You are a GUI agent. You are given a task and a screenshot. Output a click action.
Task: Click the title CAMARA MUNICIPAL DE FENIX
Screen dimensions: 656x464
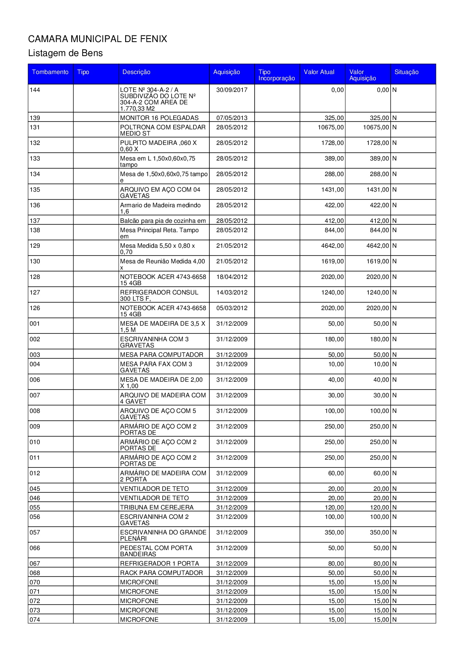(97, 39)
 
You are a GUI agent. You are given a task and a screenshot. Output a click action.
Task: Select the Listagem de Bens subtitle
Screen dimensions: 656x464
(65, 53)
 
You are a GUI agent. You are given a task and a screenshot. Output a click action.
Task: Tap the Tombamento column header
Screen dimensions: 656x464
(50, 72)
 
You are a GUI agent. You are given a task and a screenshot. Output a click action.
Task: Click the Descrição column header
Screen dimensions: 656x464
(136, 72)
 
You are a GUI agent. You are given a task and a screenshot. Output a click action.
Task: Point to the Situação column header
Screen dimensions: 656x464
(406, 72)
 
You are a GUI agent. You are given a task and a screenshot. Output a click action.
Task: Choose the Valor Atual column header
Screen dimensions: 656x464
(319, 72)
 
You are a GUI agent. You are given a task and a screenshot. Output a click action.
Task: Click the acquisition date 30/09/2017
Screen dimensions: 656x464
(232, 90)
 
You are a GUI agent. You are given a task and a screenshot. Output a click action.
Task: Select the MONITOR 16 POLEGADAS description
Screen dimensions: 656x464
(159, 118)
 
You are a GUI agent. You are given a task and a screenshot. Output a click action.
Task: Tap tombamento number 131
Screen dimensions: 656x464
(35, 127)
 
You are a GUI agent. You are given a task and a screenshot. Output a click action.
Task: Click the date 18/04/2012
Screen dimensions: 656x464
(232, 277)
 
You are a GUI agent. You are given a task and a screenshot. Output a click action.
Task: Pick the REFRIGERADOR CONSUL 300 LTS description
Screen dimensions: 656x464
(159, 295)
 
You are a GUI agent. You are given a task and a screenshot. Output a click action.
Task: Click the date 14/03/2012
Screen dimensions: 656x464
(232, 293)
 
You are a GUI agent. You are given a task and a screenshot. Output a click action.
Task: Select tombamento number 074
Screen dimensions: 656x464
(35, 620)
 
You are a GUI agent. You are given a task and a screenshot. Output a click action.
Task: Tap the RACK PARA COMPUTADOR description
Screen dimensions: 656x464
(161, 573)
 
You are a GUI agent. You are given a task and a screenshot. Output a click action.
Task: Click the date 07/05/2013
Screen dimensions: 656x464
(232, 118)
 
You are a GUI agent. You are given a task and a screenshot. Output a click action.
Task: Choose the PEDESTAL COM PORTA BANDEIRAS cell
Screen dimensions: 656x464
(156, 551)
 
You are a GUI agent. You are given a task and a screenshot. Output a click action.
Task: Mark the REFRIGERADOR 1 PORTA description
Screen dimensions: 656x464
(159, 564)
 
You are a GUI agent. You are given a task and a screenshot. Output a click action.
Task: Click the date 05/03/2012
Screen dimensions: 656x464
(232, 308)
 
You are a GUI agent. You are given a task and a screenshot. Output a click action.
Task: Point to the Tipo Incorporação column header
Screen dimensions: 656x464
(276, 75)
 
